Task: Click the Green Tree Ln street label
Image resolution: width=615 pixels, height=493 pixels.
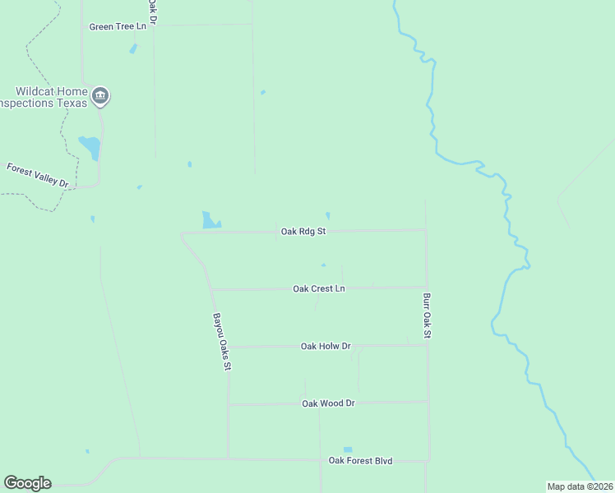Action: (118, 26)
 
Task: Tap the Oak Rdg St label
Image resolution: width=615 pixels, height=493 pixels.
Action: (303, 232)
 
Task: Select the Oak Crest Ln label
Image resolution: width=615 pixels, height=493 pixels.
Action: (319, 289)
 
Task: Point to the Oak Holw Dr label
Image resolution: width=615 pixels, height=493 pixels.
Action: (326, 347)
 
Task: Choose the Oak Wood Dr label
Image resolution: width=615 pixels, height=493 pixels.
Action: (328, 403)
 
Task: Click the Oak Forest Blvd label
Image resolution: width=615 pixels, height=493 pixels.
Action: (361, 461)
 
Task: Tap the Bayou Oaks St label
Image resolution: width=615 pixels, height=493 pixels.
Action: (220, 340)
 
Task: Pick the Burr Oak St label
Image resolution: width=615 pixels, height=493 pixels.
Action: (427, 316)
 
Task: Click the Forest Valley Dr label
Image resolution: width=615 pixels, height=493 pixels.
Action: (38, 175)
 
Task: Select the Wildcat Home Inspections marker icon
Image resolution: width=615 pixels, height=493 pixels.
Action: (100, 97)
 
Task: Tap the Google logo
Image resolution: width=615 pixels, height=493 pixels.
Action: (27, 483)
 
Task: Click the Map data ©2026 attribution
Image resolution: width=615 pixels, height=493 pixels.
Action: (579, 486)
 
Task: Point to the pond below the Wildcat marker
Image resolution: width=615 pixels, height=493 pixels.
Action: (90, 148)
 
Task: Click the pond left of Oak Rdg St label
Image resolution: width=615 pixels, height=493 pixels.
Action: (210, 220)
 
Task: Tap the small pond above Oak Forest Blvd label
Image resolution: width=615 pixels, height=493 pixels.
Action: (347, 449)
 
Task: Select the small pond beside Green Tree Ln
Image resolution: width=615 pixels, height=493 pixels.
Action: (133, 48)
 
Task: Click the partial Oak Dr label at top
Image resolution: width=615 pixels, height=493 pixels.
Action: (152, 10)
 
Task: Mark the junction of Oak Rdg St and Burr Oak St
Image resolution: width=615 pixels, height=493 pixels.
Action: (425, 231)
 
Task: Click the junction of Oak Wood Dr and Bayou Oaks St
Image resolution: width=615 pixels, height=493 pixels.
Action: (229, 404)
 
